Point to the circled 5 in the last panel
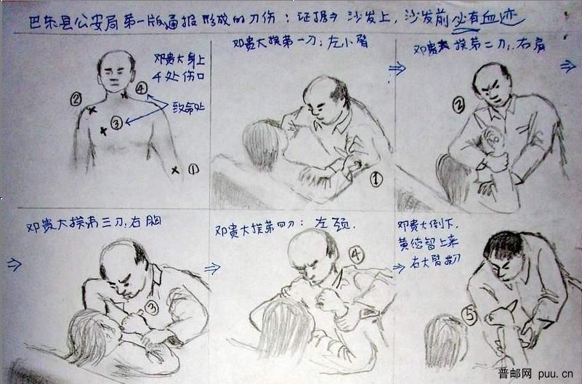coord(470,316)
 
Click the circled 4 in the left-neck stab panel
coord(356,255)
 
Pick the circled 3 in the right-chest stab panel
coord(151,307)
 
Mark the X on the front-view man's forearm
coord(175,171)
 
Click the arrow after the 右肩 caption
coord(567,65)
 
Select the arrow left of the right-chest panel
coord(13,264)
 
